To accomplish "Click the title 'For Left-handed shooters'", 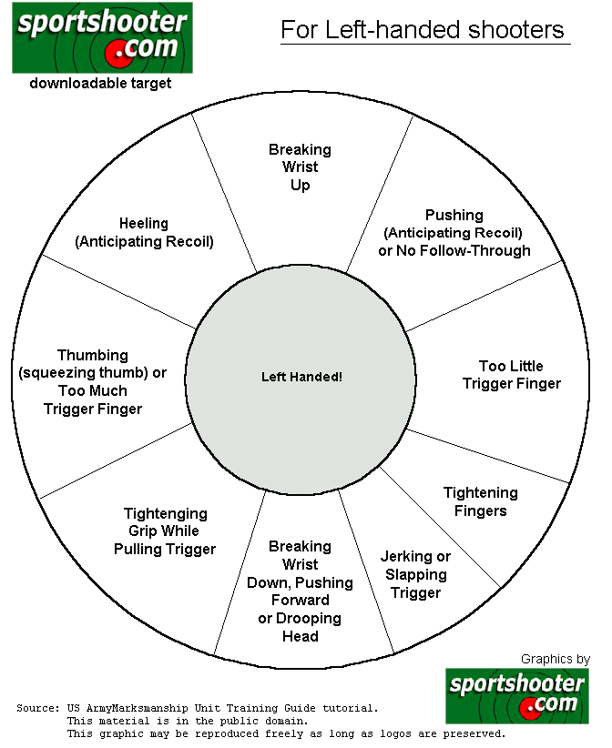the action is (x=423, y=30).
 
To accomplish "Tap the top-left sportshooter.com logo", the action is (x=102, y=37).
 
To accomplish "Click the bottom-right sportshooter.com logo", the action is (x=517, y=696).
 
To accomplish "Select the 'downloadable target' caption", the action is (x=100, y=84).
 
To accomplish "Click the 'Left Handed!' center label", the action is (x=301, y=377).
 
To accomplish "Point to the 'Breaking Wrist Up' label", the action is (x=300, y=167).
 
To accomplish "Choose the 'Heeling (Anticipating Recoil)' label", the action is (x=144, y=232).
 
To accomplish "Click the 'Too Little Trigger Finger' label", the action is (x=512, y=375).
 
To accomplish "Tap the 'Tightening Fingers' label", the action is (x=481, y=501).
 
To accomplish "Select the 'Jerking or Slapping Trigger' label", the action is (x=416, y=574).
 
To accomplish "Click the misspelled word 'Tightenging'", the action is (x=166, y=513).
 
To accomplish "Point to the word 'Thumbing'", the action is (x=93, y=355).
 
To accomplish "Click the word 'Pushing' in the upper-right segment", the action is (x=454, y=215).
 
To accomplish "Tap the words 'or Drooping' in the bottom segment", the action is (x=300, y=618).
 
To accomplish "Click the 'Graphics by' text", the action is (x=556, y=659).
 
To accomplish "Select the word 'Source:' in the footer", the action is (x=38, y=708).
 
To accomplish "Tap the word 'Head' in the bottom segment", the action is (x=301, y=636).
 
